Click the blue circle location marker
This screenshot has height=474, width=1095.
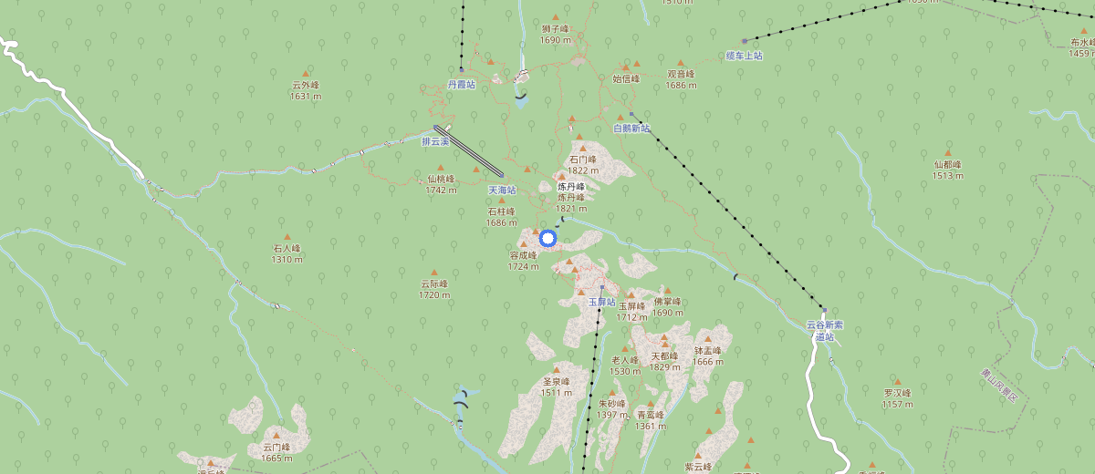[x=547, y=239]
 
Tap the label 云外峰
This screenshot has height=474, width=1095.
[x=306, y=86]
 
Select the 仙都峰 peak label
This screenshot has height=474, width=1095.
[x=948, y=165]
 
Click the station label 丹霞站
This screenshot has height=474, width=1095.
[x=461, y=84]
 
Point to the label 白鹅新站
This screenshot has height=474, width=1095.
[x=631, y=129]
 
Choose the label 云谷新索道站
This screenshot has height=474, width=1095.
[x=825, y=330]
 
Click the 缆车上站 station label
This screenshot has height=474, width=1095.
[x=744, y=56]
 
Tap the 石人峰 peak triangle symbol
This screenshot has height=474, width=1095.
[x=287, y=237]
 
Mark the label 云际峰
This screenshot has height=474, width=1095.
[x=434, y=284]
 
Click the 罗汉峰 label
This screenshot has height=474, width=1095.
[x=897, y=393]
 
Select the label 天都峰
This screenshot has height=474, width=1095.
[x=664, y=356]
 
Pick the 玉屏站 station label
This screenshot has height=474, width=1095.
[x=602, y=301]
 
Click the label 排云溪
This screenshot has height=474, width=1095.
[x=435, y=142]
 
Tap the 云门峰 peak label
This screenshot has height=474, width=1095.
[x=276, y=448]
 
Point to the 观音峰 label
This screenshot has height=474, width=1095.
[x=681, y=75]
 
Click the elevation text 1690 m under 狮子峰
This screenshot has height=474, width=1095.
[x=555, y=40]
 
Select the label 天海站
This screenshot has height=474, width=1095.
[x=502, y=191]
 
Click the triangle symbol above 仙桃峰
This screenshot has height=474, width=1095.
[x=441, y=168]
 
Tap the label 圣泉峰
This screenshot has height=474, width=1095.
[x=556, y=382]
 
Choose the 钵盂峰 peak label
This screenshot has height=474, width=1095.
[x=707, y=351]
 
